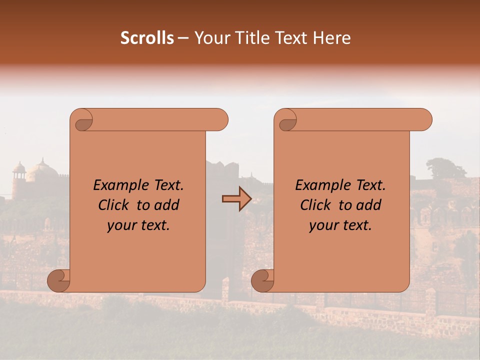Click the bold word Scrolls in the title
pos(147,37)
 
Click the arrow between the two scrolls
pos(236,199)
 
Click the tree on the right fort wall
pos(445,168)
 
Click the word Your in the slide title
pos(209,37)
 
